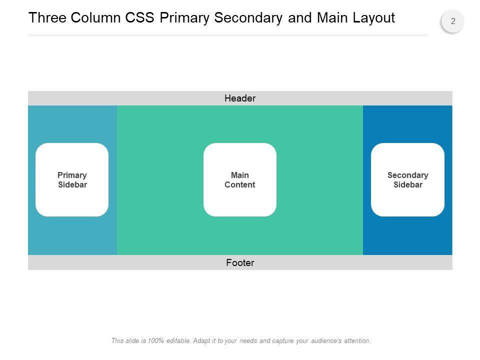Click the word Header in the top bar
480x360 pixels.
tap(240, 98)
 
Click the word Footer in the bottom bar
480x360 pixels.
tap(240, 262)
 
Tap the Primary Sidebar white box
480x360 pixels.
tap(72, 179)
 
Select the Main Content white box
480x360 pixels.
tap(240, 179)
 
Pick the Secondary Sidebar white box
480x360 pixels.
tap(408, 179)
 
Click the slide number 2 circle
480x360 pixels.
tap(453, 21)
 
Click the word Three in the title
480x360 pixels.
tap(47, 17)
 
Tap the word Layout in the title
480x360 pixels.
tap(373, 18)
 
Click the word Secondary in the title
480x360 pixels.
tap(248, 18)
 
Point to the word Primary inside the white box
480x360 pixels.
tap(72, 175)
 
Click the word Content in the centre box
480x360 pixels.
tap(240, 184)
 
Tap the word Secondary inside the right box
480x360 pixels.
tap(408, 175)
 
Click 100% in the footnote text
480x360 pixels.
tap(156, 340)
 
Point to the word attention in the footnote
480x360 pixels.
tap(357, 340)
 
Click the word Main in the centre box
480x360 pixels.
tap(240, 175)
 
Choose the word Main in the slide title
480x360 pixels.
tap(332, 17)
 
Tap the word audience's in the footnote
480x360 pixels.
tap(326, 340)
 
